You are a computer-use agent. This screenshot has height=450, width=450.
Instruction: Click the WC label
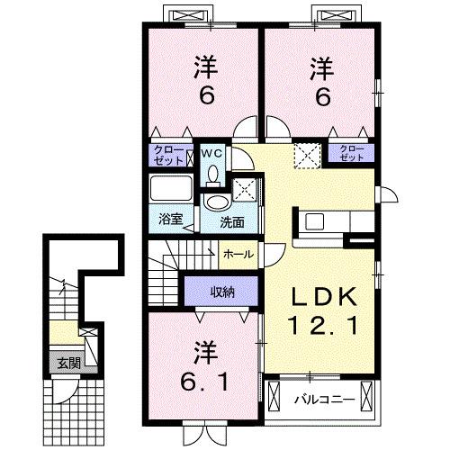point(212,154)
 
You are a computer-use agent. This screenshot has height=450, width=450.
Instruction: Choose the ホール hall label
point(236,254)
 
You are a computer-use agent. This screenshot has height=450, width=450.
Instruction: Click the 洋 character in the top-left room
point(207,67)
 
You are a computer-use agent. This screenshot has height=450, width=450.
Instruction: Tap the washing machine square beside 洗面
point(244,189)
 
